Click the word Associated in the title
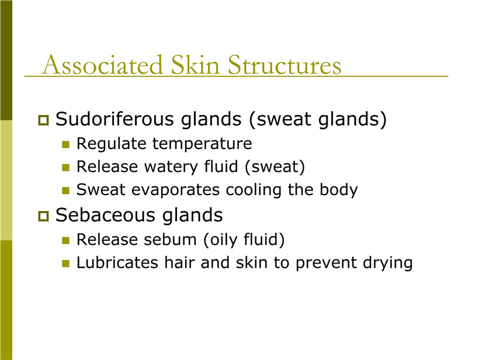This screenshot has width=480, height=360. (102, 65)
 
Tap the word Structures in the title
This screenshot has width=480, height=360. (284, 65)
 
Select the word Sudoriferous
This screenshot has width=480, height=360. (114, 119)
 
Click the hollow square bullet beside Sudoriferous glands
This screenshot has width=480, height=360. (43, 120)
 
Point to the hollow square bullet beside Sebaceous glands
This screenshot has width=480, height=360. (43, 216)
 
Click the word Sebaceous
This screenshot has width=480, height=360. (106, 215)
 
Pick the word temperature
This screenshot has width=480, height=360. (202, 144)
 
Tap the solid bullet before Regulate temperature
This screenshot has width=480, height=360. (66, 144)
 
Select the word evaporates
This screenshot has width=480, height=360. (175, 190)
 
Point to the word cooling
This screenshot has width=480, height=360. (253, 190)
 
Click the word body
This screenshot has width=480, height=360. (339, 190)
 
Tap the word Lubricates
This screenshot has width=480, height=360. (117, 262)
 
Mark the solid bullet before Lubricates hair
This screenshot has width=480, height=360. (66, 263)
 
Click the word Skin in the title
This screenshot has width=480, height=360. (195, 65)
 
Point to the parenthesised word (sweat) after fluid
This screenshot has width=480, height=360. (274, 167)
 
